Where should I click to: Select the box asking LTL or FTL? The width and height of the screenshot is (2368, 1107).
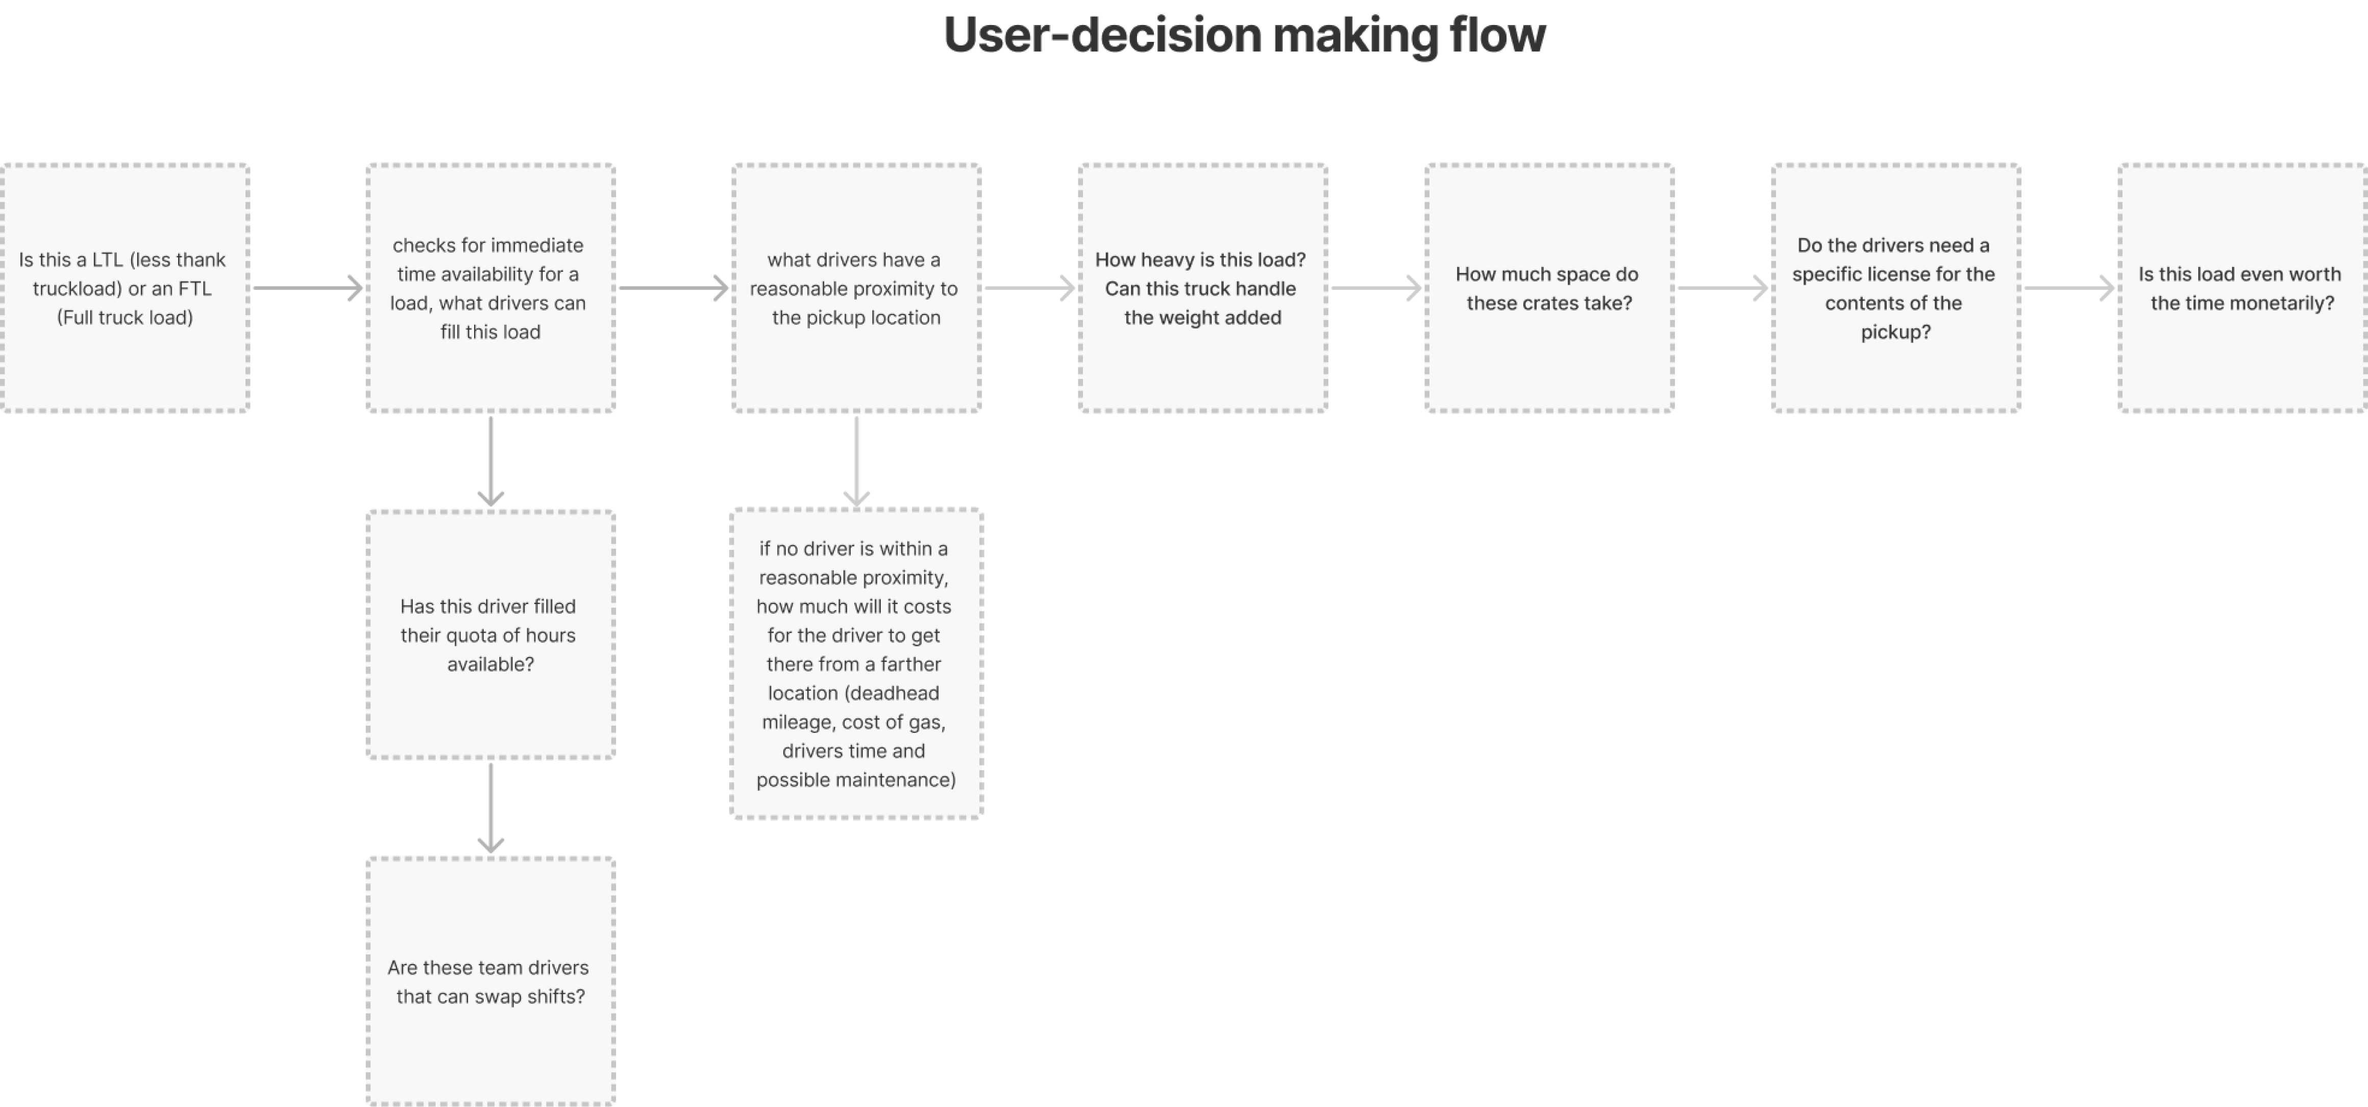tap(125, 288)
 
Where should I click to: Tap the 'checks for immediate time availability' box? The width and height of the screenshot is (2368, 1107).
tap(491, 288)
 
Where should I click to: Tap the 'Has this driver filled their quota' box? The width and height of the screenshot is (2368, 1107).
tap(491, 634)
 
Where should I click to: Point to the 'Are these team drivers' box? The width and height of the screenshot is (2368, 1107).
tap(491, 981)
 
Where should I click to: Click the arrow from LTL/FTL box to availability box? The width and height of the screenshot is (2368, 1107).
tap(308, 288)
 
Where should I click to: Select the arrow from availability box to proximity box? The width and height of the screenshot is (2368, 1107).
tap(674, 288)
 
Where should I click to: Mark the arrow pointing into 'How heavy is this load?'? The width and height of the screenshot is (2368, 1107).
tap(1029, 288)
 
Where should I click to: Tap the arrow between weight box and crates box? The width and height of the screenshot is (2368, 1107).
tap(1376, 288)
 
